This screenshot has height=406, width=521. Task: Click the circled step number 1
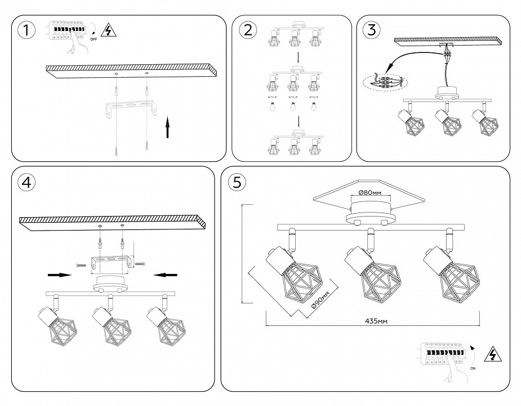pos(25,31)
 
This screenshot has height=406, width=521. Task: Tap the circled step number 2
pos(246,30)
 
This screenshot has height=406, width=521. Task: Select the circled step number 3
pos(371,30)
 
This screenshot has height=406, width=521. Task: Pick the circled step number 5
pos(237,182)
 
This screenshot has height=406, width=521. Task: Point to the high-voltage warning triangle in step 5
pos(493,354)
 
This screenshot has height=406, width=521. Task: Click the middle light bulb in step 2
pos(292,107)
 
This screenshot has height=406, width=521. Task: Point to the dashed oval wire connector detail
pos(385,83)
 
